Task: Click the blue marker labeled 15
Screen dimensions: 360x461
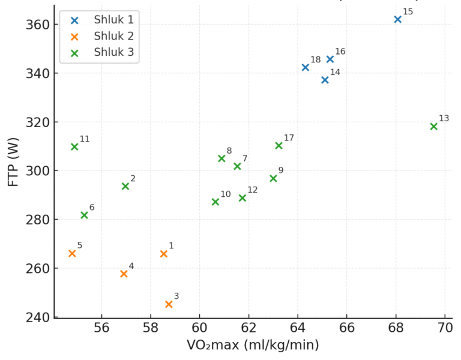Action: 397,19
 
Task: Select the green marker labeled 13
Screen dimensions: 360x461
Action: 434,126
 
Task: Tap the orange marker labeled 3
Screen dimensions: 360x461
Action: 169,304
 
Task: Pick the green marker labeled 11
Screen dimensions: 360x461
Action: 74,146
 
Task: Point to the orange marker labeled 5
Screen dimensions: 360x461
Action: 72,253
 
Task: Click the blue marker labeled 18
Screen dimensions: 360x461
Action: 306,67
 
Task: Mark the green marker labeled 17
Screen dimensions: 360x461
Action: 279,145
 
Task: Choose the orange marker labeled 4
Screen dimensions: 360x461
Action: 124,274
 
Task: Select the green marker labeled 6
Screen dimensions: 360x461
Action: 84,215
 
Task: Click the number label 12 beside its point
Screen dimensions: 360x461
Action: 252,190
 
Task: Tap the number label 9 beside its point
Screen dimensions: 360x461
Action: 281,170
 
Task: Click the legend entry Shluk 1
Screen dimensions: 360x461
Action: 113,20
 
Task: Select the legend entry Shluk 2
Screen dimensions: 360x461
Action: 113,36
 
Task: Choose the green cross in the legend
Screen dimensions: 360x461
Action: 74,53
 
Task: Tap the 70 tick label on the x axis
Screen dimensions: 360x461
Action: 445,328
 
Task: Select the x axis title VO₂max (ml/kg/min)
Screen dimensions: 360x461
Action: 253,346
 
